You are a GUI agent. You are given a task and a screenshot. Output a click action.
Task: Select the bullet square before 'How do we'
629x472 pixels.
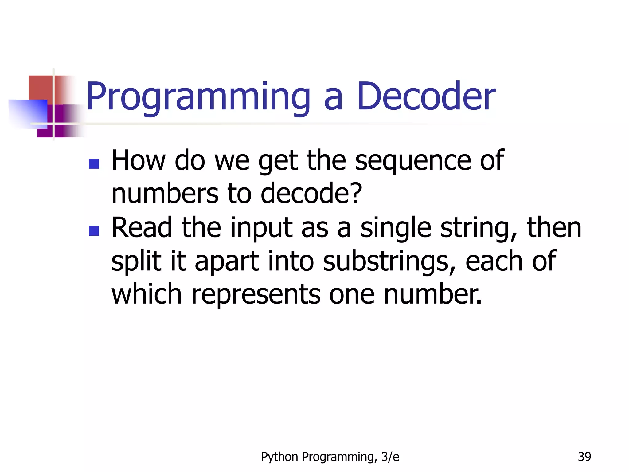click(94, 164)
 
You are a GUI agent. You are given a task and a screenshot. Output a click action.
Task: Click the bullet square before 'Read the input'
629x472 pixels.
click(94, 231)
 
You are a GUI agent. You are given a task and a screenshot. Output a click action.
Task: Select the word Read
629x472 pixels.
click(142, 228)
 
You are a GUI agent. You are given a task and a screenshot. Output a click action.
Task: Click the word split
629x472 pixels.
click(136, 262)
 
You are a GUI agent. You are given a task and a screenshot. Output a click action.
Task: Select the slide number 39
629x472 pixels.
click(584, 457)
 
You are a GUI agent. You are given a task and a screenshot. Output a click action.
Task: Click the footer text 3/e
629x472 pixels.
click(390, 457)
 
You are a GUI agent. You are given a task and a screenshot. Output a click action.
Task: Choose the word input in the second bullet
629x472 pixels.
click(261, 229)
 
